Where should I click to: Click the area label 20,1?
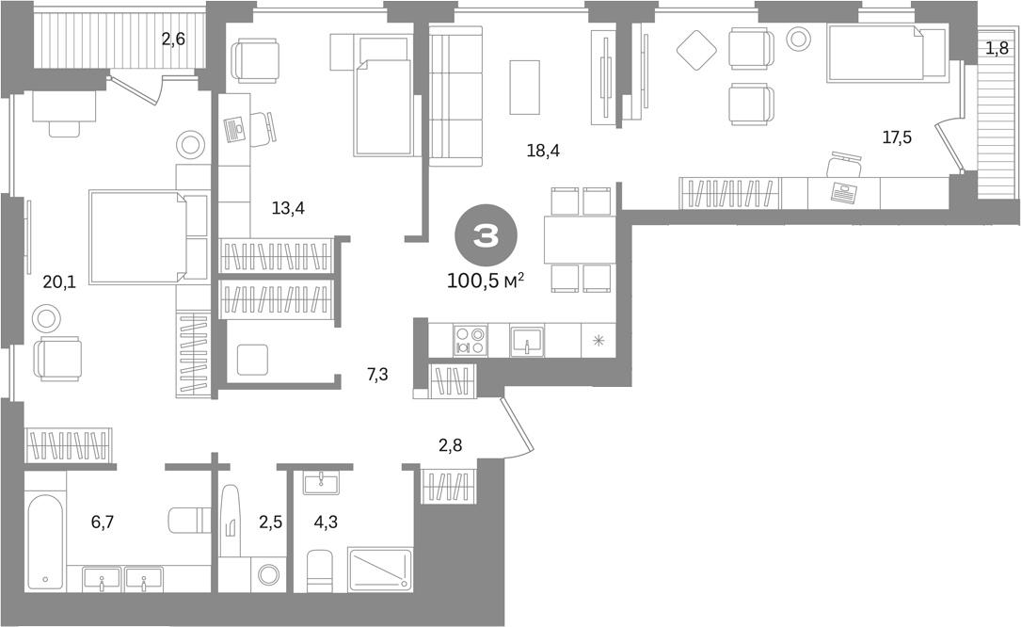(59, 281)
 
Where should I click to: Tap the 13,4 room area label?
(288, 209)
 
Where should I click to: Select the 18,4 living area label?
(543, 152)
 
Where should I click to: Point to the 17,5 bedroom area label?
(897, 137)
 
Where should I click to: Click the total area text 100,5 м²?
(486, 281)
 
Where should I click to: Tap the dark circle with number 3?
(486, 236)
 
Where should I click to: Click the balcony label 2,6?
(173, 40)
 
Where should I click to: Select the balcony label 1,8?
(997, 48)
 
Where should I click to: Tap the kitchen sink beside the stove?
(527, 341)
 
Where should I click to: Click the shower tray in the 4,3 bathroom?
(381, 570)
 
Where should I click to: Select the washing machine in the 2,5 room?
(267, 574)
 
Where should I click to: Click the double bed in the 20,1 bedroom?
(138, 236)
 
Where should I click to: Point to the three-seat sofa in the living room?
(456, 96)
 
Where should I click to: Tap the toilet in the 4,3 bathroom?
(319, 571)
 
